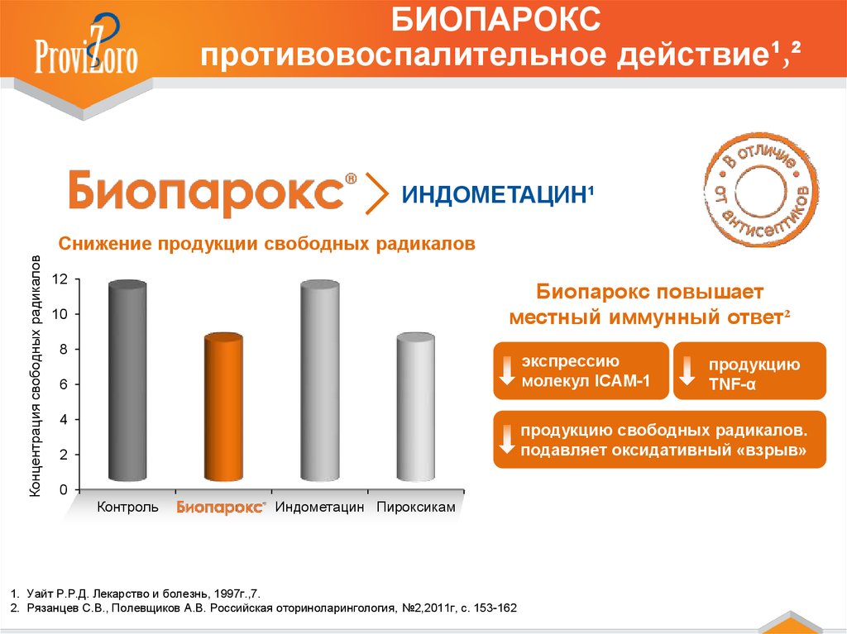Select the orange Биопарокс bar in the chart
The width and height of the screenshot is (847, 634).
(x=223, y=408)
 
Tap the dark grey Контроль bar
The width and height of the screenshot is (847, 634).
(x=127, y=381)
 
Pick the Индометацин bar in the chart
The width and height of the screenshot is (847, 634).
(x=320, y=381)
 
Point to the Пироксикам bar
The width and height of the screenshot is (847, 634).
(x=415, y=408)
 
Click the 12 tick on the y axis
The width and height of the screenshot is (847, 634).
(x=60, y=279)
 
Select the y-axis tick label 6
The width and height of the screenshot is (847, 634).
(x=64, y=384)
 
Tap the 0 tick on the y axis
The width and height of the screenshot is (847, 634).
(x=64, y=490)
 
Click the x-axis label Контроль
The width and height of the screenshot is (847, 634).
(x=127, y=507)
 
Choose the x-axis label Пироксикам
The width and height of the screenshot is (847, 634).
(x=416, y=507)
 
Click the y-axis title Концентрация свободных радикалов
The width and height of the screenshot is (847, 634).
(x=35, y=376)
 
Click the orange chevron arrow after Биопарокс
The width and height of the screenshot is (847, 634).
(x=376, y=193)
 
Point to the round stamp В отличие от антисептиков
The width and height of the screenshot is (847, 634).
(x=760, y=191)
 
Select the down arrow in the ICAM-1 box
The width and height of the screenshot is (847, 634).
(x=507, y=370)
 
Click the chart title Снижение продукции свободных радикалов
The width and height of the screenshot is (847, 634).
(x=267, y=244)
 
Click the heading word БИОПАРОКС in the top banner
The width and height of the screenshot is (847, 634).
(x=495, y=19)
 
